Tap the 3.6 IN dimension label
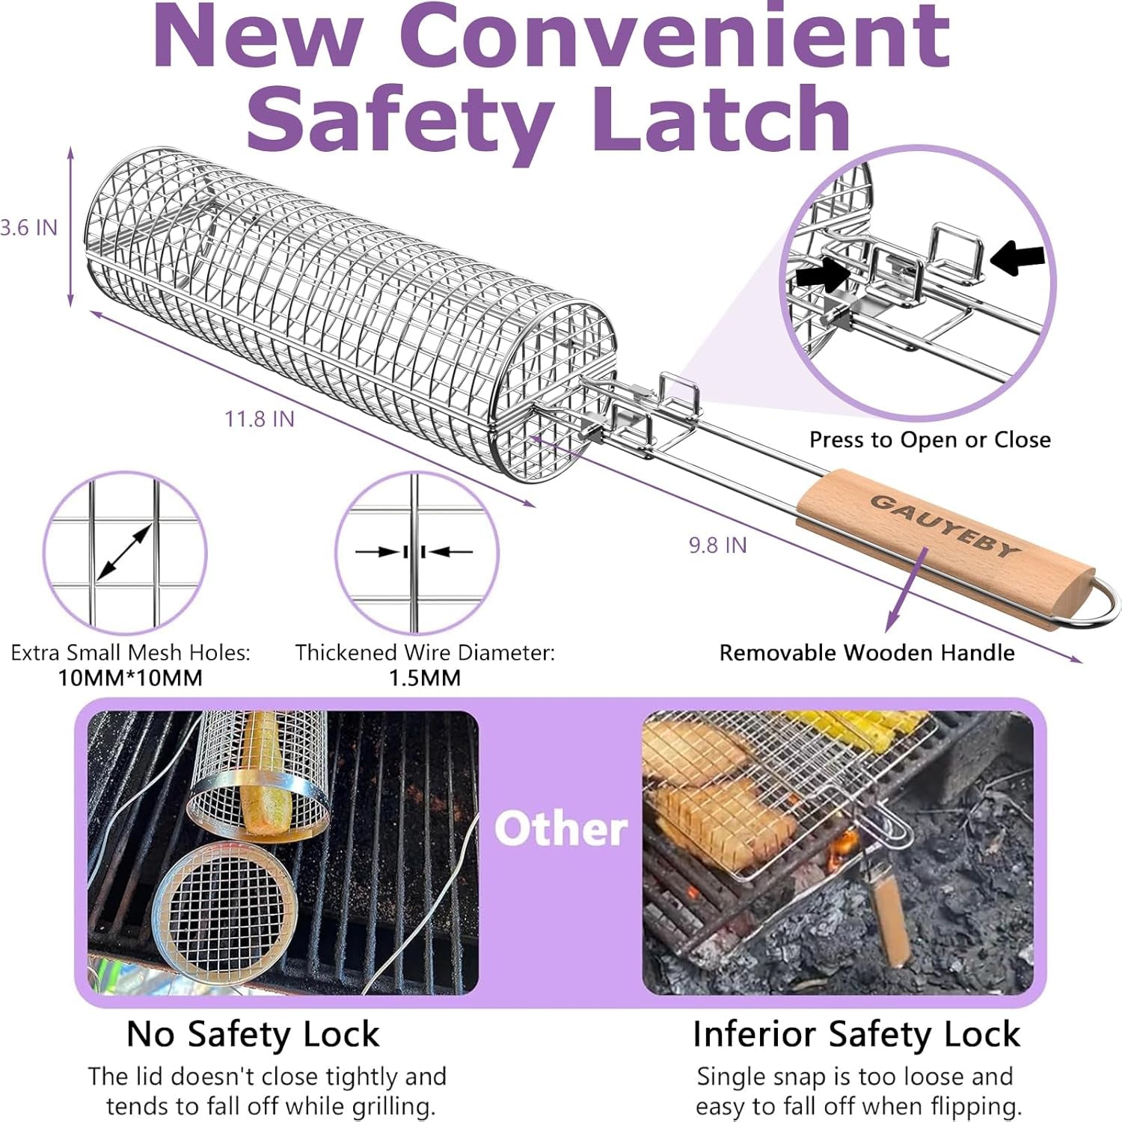point(28,227)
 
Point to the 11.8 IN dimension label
point(260,419)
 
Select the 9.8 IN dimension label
point(717,545)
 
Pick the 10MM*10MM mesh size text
point(130,678)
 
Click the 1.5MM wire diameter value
point(424,678)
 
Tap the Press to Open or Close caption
point(930,440)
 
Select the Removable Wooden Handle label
point(866,653)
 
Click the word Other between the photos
point(561,830)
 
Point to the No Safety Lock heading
point(253,1034)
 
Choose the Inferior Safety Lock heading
point(856,1034)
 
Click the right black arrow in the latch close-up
point(1017,257)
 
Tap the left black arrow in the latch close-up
point(822,275)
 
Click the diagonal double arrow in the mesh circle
point(124,552)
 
